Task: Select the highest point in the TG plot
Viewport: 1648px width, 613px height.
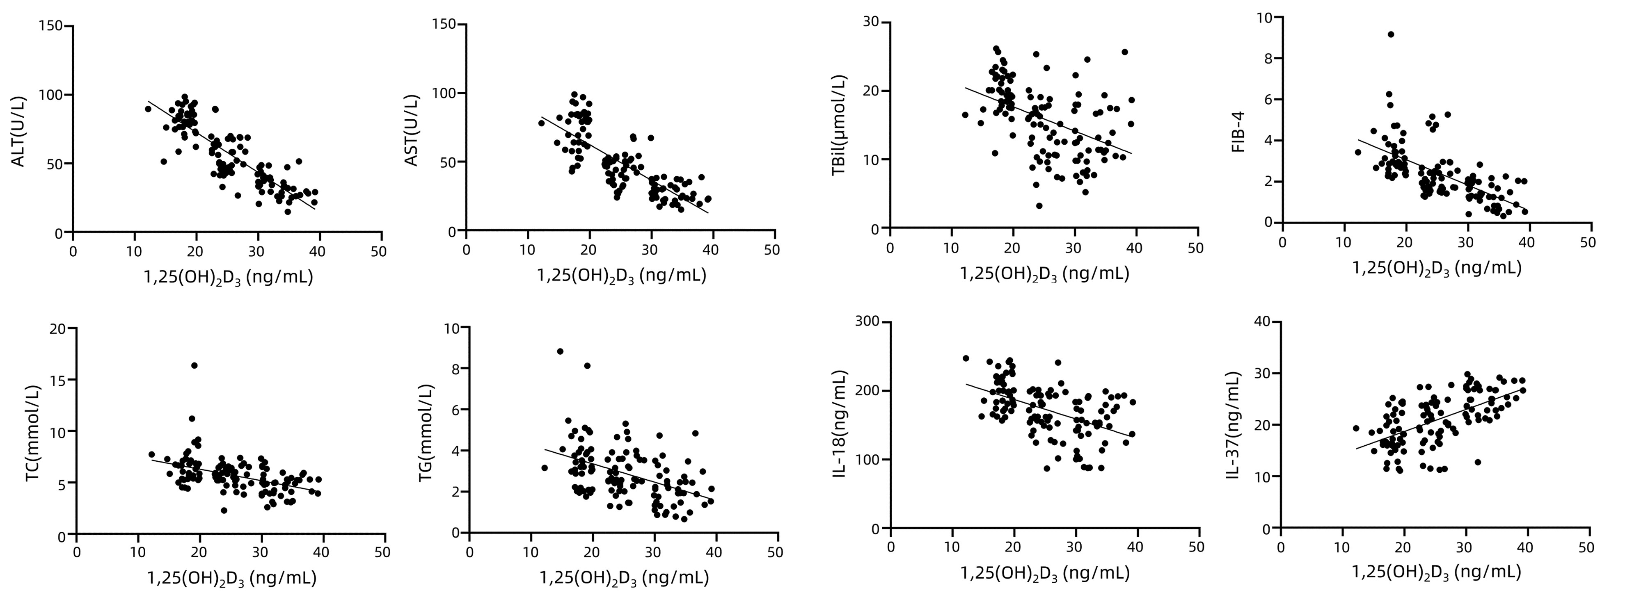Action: point(560,351)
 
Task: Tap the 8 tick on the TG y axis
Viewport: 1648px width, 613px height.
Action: point(455,369)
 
